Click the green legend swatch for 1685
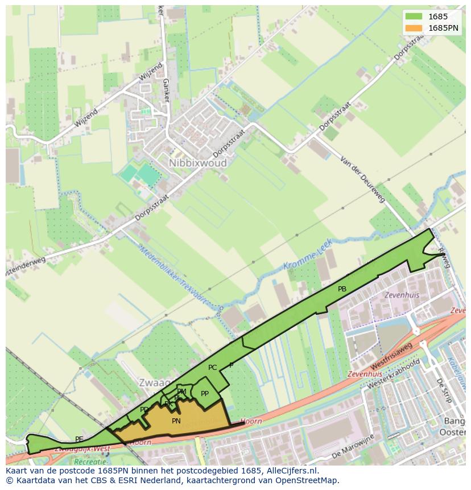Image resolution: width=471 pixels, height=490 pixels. [x=414, y=17]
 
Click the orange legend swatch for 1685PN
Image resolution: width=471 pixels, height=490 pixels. [x=414, y=28]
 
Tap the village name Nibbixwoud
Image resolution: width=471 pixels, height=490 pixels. [x=197, y=163]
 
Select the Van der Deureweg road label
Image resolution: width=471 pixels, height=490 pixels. [x=362, y=179]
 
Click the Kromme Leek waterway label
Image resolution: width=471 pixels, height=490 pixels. [x=307, y=261]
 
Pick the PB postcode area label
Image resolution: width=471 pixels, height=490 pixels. [x=342, y=289]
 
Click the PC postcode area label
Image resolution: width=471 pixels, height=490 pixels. [x=212, y=368]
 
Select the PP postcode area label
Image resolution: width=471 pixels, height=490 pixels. [x=205, y=394]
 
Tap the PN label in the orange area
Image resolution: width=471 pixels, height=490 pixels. [x=176, y=421]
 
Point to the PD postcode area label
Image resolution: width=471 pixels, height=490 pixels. [x=144, y=410]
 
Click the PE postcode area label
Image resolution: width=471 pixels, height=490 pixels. [x=79, y=439]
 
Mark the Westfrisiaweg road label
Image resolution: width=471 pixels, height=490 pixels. [x=391, y=356]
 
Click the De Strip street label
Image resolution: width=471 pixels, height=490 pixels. [x=443, y=390]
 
